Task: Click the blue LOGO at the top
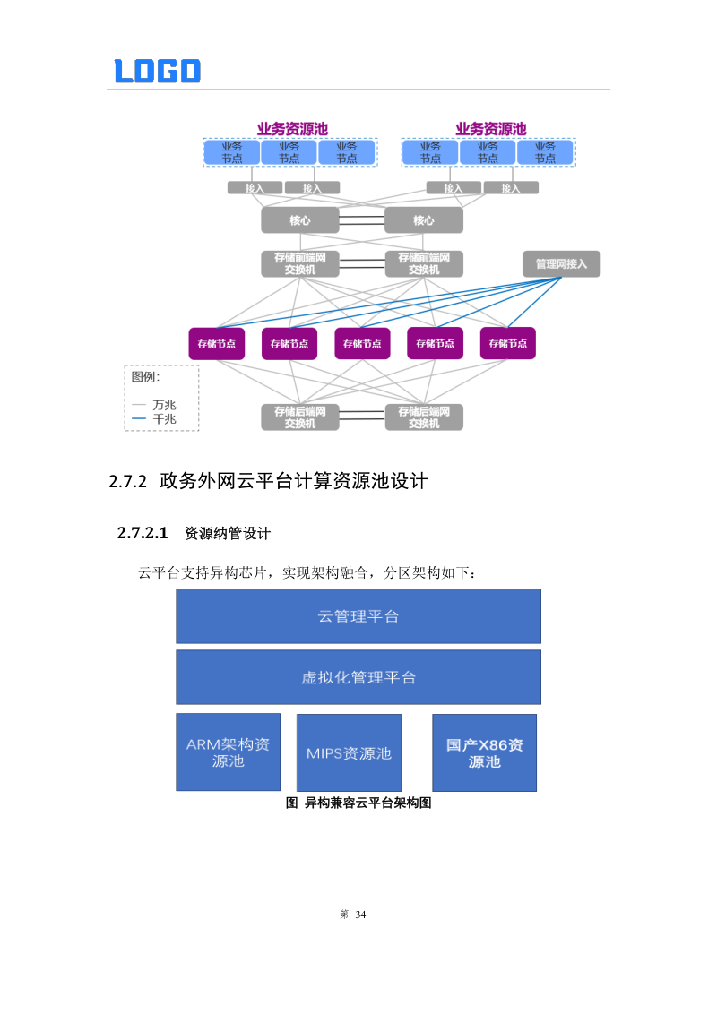[x=157, y=71]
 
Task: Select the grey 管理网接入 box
[x=561, y=263]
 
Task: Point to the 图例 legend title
[x=145, y=376]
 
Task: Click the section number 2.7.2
[x=126, y=482]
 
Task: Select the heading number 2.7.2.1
[x=143, y=534]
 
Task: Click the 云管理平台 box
[x=358, y=616]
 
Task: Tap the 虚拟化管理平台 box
[x=358, y=677]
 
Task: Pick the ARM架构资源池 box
[x=228, y=752]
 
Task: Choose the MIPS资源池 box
[x=349, y=752]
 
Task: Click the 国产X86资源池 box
[x=484, y=752]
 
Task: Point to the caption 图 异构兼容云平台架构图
[x=358, y=803]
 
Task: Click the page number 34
[x=361, y=915]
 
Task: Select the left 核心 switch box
[x=300, y=220]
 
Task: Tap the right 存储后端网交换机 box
[x=424, y=417]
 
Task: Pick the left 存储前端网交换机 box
[x=300, y=263]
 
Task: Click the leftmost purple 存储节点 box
[x=217, y=343]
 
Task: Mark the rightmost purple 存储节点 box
[x=507, y=343]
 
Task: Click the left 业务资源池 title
[x=292, y=129]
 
